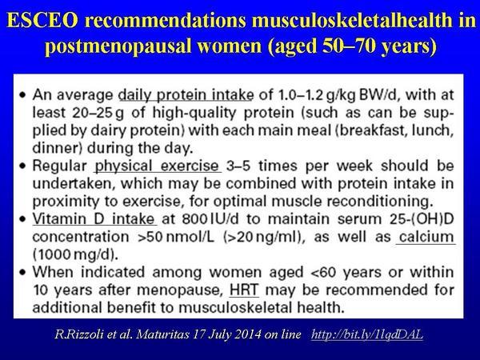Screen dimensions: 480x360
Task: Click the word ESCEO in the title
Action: pos(42,21)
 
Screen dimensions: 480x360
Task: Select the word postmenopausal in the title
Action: pos(118,46)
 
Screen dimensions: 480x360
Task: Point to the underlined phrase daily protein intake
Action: pos(186,95)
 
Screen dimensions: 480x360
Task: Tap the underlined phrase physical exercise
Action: pos(157,166)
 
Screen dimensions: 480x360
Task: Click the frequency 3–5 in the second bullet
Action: pos(238,166)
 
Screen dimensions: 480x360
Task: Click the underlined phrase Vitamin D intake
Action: pos(94,219)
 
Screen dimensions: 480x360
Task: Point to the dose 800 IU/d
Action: pos(210,219)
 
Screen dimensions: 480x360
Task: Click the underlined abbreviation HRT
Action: pos(244,290)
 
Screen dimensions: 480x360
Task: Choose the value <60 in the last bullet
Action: pos(323,273)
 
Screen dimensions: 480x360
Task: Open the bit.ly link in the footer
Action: pos(367,334)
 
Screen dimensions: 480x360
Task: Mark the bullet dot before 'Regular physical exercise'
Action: pos(22,166)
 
